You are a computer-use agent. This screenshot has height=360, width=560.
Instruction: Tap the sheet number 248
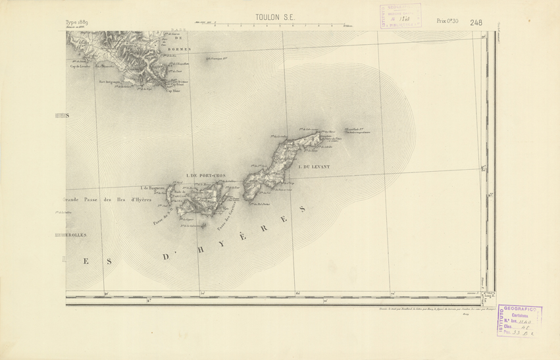tap(476, 22)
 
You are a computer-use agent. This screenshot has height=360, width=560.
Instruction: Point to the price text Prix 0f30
tap(447, 22)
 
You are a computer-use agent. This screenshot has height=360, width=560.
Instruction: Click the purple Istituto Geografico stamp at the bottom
tap(520, 322)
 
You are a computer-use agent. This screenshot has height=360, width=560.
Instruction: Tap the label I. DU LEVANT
tap(314, 167)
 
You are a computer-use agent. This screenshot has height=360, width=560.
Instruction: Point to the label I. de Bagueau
tap(152, 189)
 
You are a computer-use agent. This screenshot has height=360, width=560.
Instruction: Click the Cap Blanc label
tap(172, 91)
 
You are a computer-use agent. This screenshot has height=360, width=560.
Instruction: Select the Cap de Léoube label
tap(79, 66)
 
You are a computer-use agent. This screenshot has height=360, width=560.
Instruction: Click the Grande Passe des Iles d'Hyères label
tap(105, 199)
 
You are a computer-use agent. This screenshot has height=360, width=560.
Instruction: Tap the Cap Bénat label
tap(177, 85)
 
